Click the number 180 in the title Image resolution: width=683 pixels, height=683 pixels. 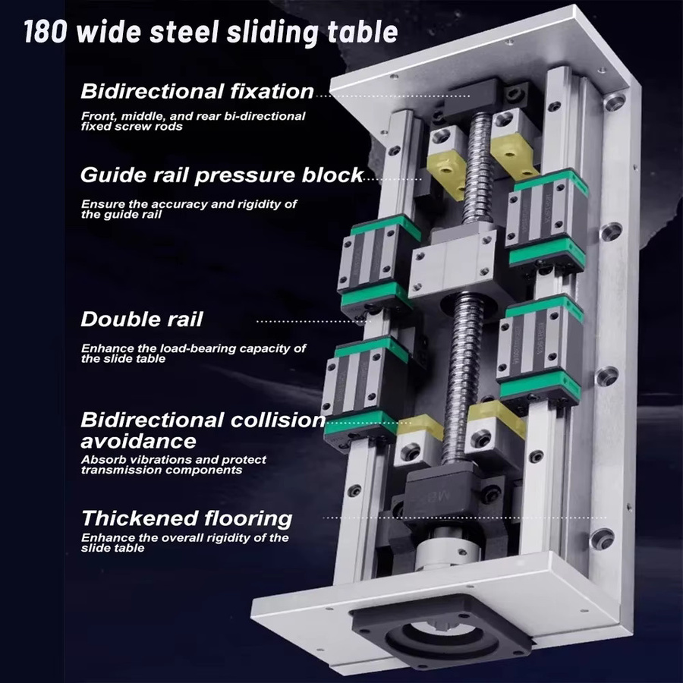tap(46, 31)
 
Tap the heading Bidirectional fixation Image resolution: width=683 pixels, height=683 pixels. tap(197, 92)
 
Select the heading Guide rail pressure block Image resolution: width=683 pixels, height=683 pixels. tap(222, 175)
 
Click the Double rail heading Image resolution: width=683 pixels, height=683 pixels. tap(142, 319)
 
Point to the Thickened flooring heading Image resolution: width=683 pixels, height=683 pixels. tap(187, 518)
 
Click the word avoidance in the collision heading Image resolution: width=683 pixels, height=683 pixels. tap(139, 441)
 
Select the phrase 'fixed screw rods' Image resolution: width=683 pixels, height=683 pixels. tap(131, 127)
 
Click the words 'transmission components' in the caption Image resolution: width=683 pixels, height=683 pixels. tap(162, 470)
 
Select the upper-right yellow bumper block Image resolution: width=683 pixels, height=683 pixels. tap(513, 162)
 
